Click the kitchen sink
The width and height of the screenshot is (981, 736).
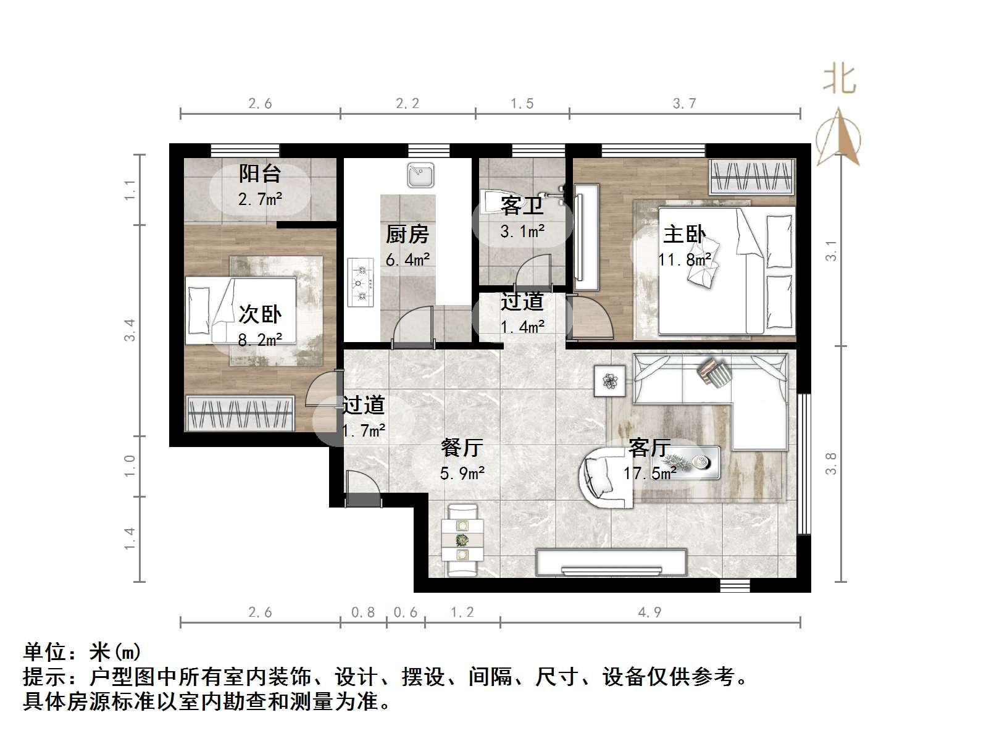click(420, 175)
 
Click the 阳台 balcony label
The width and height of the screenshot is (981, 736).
click(259, 174)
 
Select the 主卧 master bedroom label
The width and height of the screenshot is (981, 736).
click(684, 235)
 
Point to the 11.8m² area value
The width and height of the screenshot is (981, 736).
click(684, 260)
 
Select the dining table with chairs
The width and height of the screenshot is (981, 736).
click(462, 541)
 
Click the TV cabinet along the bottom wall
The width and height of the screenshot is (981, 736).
click(611, 562)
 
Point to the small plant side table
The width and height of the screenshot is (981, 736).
click(610, 381)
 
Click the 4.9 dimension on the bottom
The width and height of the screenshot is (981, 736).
click(649, 612)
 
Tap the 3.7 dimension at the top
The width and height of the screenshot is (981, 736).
click(684, 104)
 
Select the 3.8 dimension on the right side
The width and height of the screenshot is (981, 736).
click(831, 463)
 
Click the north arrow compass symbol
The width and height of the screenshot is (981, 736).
click(838, 139)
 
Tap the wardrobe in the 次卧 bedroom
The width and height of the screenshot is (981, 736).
click(239, 412)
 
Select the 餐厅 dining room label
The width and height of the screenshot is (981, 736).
click(462, 447)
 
